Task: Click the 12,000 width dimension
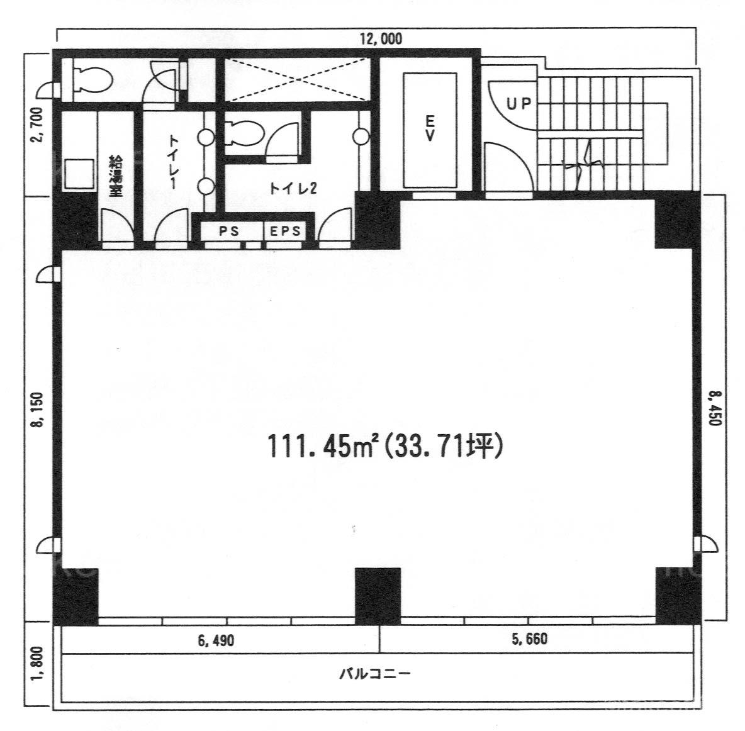click(381, 38)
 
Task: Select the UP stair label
click(518, 104)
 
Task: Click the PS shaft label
click(229, 232)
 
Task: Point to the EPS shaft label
click(285, 232)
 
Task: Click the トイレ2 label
click(293, 189)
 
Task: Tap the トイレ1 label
click(174, 163)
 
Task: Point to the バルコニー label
click(374, 674)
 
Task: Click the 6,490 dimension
click(216, 641)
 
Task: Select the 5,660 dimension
click(529, 639)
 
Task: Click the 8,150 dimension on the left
click(38, 410)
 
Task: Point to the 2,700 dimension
click(36, 124)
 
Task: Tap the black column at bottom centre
click(378, 596)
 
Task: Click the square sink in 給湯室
click(79, 174)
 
